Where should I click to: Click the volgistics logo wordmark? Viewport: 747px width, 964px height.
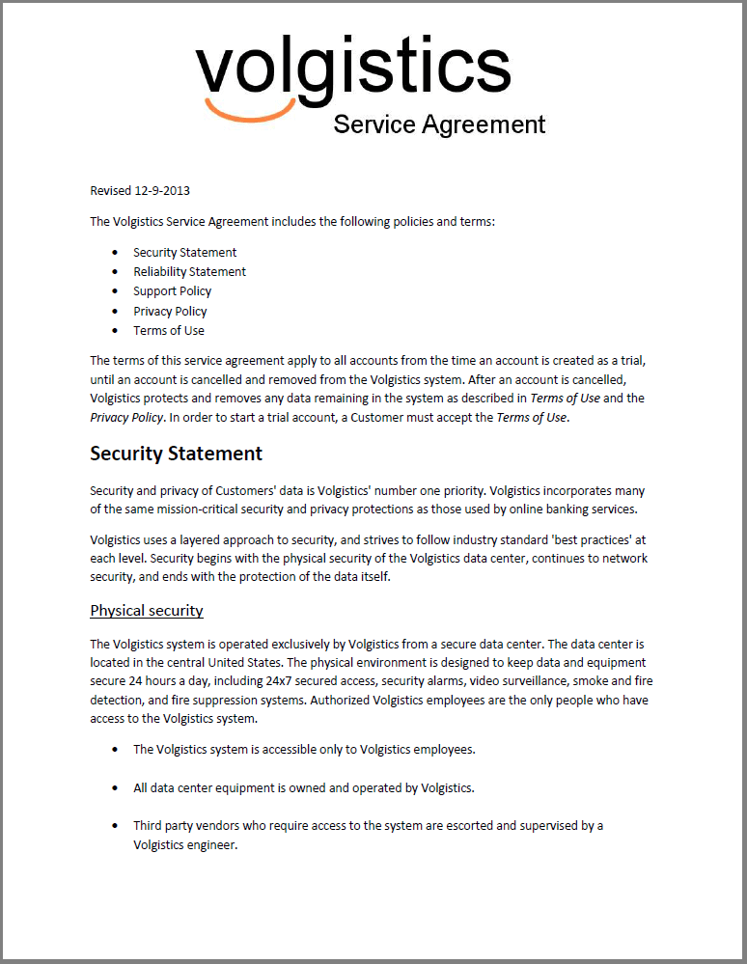click(353, 69)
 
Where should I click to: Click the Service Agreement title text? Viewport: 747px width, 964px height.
click(439, 124)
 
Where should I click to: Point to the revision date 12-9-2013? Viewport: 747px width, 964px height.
click(171, 191)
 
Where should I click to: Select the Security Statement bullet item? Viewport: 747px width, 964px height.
click(184, 252)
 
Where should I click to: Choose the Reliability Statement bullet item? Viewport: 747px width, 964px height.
click(189, 272)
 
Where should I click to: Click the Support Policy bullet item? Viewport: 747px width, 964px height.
click(172, 291)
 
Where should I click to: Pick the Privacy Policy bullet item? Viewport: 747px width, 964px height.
click(170, 311)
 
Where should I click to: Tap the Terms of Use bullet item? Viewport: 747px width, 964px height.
click(169, 331)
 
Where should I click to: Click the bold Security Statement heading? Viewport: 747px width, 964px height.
click(176, 454)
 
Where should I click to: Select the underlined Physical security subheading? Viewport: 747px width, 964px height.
click(146, 611)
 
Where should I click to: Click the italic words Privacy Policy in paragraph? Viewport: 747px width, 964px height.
click(126, 417)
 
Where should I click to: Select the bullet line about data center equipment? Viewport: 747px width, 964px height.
click(304, 787)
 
